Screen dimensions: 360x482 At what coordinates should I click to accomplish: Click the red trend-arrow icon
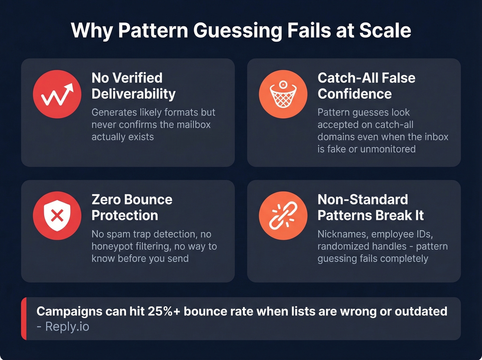57,94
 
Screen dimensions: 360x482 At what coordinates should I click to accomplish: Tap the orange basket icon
283,94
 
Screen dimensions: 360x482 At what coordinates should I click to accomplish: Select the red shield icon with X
57,216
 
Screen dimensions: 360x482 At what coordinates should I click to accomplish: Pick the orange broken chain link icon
283,216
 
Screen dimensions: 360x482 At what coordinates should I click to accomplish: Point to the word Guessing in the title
238,31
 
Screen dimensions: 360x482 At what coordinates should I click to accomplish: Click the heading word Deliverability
134,94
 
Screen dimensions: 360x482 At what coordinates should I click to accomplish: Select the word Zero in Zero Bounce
105,199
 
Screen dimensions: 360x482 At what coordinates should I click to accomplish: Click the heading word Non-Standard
363,199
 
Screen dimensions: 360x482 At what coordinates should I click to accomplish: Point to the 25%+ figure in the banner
164,311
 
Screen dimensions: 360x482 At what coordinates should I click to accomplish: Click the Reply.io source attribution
67,327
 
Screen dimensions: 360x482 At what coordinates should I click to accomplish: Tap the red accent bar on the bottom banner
24,319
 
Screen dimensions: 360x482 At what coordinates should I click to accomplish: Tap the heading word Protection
125,216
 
